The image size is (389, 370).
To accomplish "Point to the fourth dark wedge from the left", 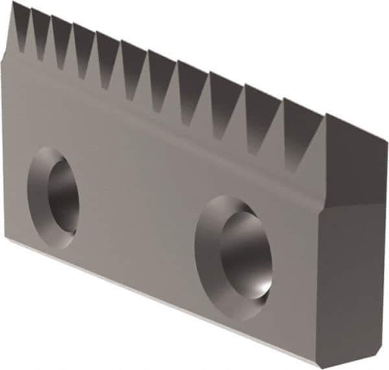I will coord(82,49).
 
